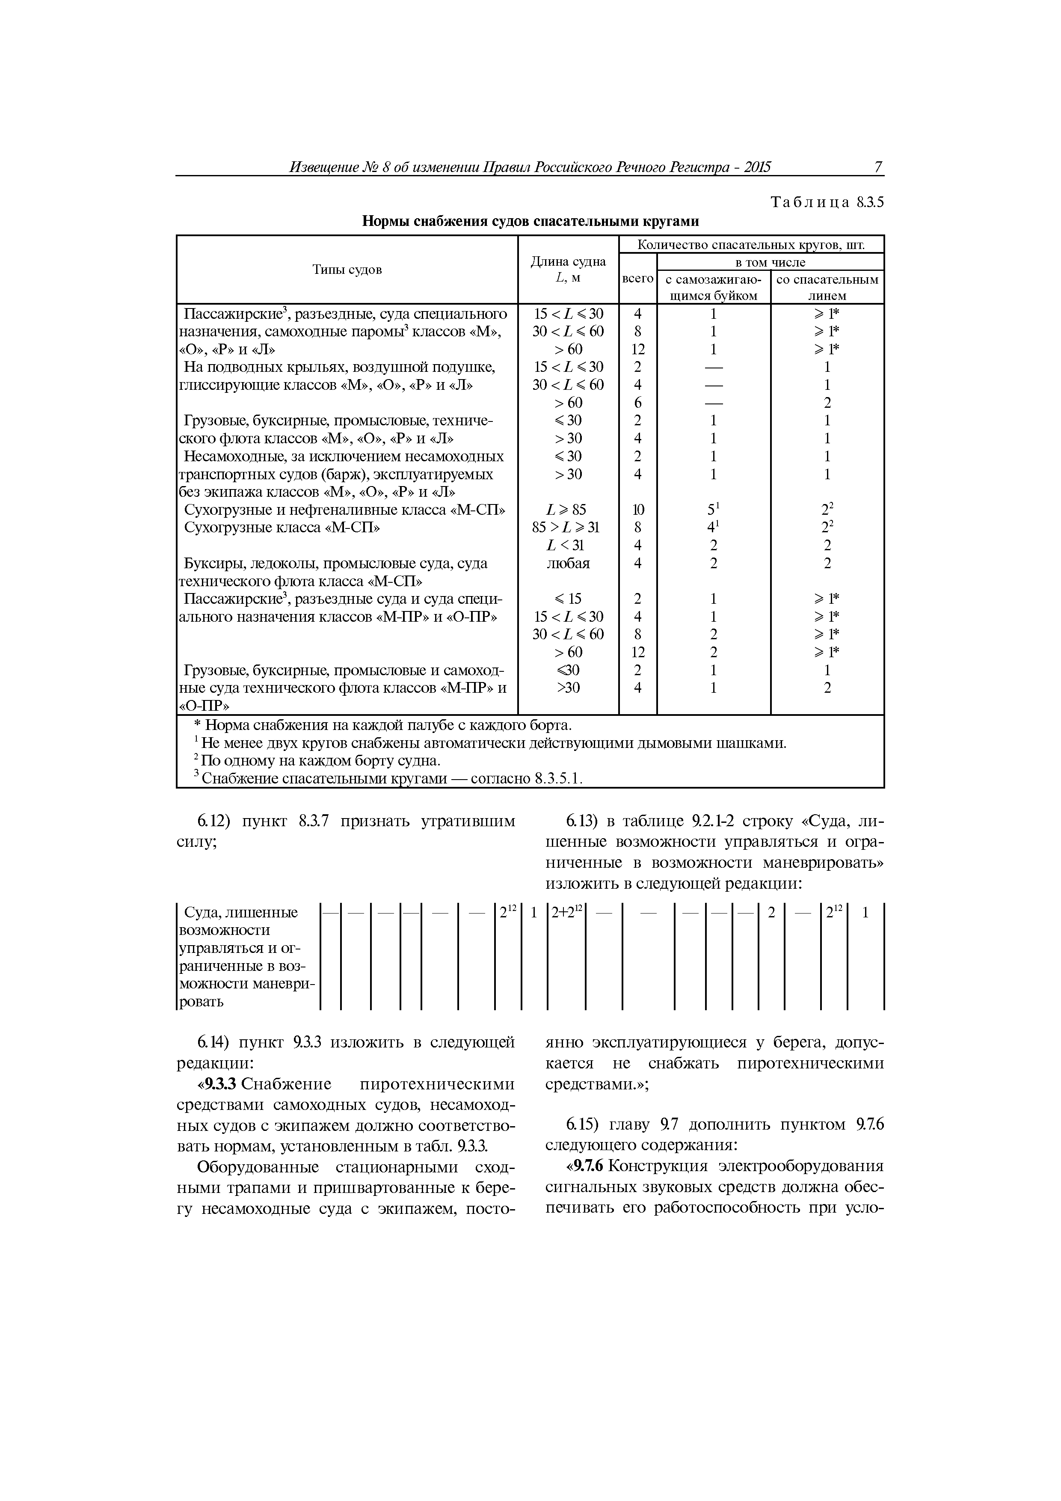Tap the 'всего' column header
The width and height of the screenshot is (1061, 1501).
[x=637, y=279]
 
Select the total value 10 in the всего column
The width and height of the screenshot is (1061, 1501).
[x=637, y=509]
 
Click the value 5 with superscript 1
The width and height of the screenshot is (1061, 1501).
[x=713, y=509]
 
